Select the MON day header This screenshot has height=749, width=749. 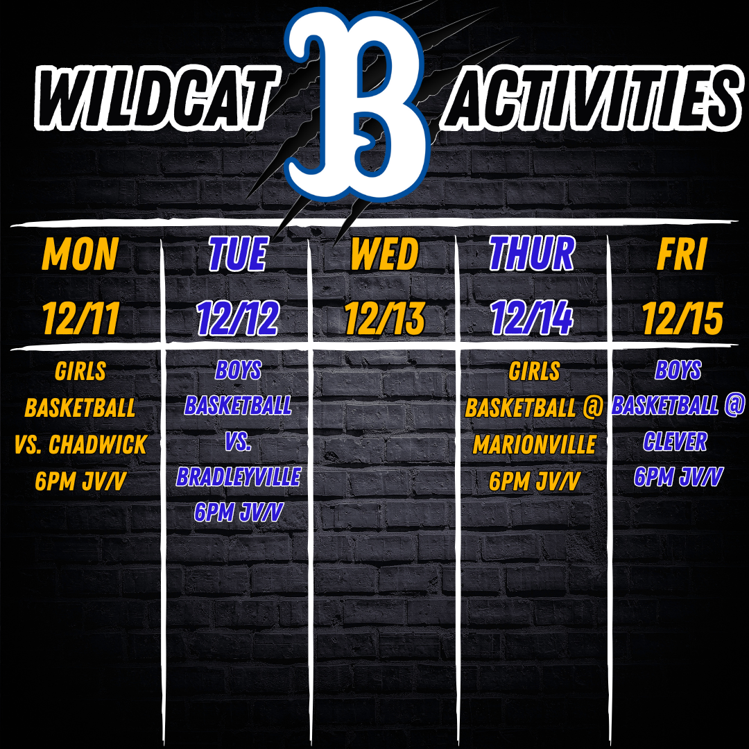(x=80, y=254)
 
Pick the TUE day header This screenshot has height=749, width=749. (x=237, y=254)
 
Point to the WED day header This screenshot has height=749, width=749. (x=384, y=254)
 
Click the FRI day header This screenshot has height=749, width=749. (x=682, y=254)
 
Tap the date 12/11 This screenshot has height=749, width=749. (x=80, y=318)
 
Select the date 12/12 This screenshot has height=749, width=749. (x=238, y=318)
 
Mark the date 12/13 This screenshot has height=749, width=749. (x=384, y=318)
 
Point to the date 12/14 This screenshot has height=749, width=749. (x=532, y=318)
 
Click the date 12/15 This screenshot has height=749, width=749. (x=682, y=318)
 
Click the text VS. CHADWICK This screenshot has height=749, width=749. (x=80, y=445)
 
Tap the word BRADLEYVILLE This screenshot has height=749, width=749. (x=239, y=476)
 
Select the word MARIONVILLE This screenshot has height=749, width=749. (x=535, y=445)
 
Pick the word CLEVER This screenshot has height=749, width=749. (x=675, y=441)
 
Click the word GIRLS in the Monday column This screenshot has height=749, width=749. (x=80, y=371)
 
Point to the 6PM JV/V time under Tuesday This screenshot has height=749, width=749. (x=239, y=512)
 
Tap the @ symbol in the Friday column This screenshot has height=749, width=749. (x=734, y=405)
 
